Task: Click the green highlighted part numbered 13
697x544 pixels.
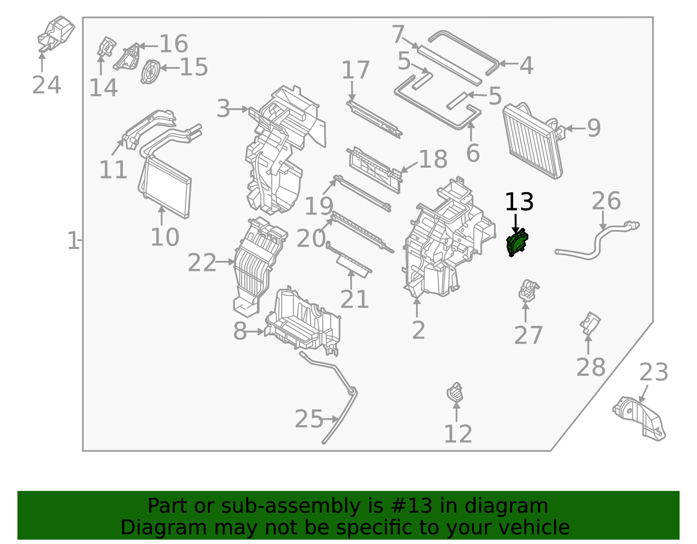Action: tap(517, 243)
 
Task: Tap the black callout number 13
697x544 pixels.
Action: tap(519, 202)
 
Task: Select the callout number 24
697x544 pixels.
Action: tap(46, 85)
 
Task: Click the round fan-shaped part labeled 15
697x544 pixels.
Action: tap(150, 71)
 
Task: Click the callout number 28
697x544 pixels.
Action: tap(590, 367)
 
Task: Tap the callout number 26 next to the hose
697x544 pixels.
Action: tap(606, 201)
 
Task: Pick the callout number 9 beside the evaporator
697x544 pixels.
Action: tap(594, 128)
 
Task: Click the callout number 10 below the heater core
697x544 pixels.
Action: tap(165, 237)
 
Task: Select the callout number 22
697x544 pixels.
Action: tap(202, 263)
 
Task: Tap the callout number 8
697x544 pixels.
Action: tap(240, 331)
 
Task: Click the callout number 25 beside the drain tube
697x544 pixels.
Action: tap(309, 419)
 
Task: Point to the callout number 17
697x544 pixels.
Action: tap(355, 70)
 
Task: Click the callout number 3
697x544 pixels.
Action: tap(223, 108)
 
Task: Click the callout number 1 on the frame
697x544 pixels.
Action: tap(73, 241)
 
